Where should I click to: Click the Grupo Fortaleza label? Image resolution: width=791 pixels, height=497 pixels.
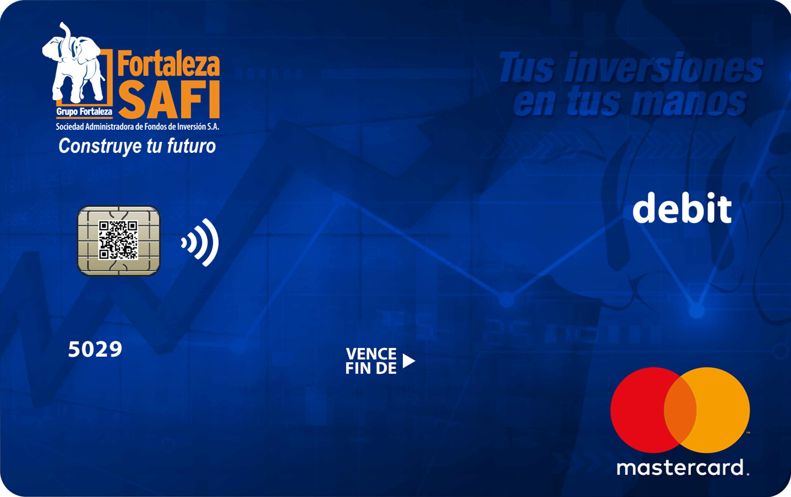click(x=84, y=112)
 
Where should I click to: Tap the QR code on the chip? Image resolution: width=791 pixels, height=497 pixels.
click(x=118, y=240)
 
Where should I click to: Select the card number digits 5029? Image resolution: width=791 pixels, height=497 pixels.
click(x=95, y=349)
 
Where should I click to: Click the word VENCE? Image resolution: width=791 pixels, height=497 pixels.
click(x=371, y=354)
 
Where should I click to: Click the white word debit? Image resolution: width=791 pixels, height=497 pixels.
click(x=682, y=208)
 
